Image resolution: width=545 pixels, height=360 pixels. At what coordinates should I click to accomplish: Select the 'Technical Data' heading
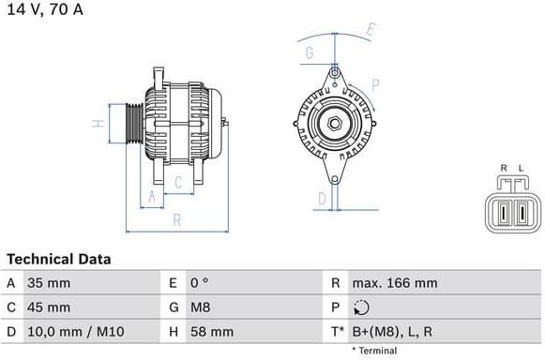[58, 259]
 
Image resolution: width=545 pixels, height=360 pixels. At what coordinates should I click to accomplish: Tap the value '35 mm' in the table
[48, 282]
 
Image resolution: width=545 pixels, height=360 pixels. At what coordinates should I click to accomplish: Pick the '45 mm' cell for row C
[48, 307]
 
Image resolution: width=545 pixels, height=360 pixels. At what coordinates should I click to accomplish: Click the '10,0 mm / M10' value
[72, 331]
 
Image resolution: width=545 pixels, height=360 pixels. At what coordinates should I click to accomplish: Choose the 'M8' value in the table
[200, 307]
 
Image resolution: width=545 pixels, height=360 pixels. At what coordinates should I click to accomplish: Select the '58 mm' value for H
[211, 331]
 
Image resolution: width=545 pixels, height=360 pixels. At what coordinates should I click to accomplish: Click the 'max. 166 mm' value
[395, 282]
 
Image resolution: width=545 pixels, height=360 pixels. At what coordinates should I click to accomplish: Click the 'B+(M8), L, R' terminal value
[393, 331]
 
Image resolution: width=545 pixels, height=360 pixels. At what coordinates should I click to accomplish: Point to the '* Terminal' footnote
[374, 351]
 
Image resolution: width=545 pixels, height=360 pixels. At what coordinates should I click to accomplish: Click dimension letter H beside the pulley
[96, 124]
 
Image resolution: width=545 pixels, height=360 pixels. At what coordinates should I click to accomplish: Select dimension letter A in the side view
[150, 196]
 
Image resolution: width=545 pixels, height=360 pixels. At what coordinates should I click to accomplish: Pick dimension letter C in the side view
[177, 184]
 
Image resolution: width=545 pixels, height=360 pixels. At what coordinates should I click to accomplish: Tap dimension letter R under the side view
[176, 220]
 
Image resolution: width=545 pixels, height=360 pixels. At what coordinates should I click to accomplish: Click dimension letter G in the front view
[309, 53]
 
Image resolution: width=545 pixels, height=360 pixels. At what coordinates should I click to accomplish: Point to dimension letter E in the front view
[371, 30]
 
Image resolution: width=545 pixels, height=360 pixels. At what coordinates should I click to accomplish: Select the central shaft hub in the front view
[333, 123]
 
